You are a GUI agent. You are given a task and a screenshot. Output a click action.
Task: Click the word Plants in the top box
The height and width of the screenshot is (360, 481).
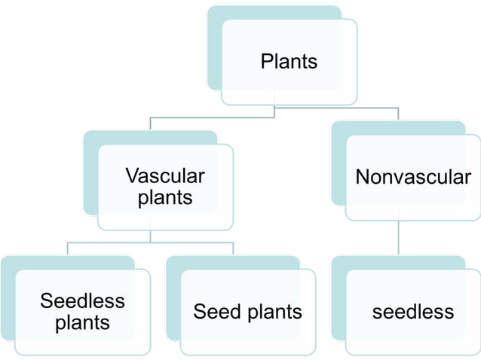pyautogui.click(x=289, y=61)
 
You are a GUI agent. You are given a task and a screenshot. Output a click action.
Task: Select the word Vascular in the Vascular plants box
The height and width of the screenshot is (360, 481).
pyautogui.click(x=164, y=176)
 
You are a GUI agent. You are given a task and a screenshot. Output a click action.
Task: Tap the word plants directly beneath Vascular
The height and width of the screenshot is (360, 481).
pyautogui.click(x=164, y=197)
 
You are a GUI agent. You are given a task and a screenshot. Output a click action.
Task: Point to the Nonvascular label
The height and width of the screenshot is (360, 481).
pyautogui.click(x=412, y=178)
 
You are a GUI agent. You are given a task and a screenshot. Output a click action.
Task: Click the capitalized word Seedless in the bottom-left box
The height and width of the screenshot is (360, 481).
pyautogui.click(x=82, y=301)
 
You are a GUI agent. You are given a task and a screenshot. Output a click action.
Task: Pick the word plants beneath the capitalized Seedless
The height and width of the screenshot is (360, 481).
pyautogui.click(x=82, y=322)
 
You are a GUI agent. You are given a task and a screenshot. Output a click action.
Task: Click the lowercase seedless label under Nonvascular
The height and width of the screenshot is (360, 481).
pyautogui.click(x=412, y=312)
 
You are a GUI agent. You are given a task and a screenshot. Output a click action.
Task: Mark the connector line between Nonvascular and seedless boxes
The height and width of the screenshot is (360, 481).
pyautogui.click(x=398, y=238)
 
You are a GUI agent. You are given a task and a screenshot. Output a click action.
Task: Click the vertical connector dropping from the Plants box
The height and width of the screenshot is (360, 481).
pyautogui.click(x=274, y=111)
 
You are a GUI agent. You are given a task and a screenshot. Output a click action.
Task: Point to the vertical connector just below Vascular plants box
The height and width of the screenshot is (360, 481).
pyautogui.click(x=150, y=236)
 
